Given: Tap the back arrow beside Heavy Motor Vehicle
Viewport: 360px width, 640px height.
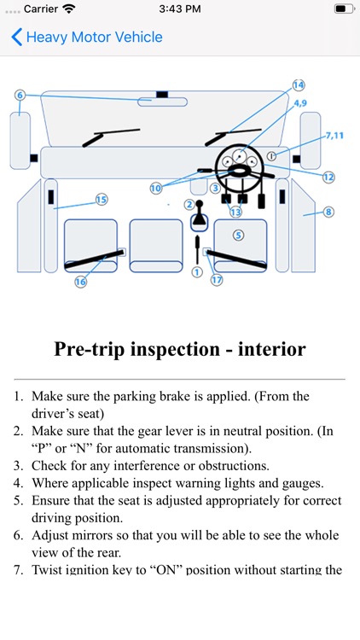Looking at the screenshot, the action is point(16,38).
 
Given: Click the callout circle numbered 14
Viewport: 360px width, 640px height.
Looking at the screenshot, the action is point(299,84).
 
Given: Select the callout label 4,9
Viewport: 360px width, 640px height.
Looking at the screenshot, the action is point(299,103).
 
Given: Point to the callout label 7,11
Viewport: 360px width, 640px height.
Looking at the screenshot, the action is point(334,136).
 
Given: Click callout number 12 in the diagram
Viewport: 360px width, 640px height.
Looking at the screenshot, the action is point(328,177).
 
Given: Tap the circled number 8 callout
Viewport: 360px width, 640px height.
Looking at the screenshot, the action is point(328,212).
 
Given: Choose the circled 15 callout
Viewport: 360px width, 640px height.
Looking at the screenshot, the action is point(102,200).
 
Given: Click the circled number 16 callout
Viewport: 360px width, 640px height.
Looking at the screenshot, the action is point(80,282).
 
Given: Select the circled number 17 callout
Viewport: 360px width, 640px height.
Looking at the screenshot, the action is point(217,280).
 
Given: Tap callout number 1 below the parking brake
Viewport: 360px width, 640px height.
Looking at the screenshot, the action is point(197,272).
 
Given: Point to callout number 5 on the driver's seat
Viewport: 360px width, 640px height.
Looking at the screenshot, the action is point(238,235).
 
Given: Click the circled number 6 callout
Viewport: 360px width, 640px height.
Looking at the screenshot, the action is point(20,95).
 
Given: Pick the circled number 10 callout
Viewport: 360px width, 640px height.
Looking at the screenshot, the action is point(155,189).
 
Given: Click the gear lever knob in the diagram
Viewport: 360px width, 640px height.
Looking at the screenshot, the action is point(199,203).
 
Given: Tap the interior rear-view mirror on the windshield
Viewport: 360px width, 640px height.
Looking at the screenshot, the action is point(162,102).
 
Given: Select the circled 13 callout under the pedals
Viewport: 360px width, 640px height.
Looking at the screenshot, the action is point(235,212).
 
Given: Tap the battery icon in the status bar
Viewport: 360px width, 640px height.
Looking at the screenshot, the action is point(345,9).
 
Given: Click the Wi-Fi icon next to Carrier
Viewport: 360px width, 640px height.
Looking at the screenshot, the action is point(69,9).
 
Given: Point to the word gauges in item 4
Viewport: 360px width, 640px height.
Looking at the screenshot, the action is point(303,483).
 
